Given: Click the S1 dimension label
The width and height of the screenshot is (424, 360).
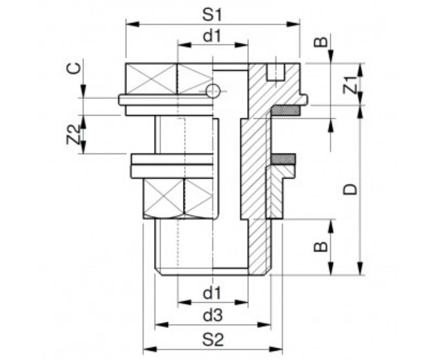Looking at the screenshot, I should click(x=212, y=15).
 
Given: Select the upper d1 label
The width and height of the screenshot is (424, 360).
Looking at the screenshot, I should click(x=212, y=37).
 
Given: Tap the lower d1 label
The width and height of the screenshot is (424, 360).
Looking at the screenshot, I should click(x=212, y=294).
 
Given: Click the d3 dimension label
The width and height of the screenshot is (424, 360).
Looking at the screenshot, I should click(x=212, y=316).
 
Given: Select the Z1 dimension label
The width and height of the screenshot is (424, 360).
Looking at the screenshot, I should click(x=352, y=84).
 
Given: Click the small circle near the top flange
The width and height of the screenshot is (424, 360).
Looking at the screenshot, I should click(x=212, y=91).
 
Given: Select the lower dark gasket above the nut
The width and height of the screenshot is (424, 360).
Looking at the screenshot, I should click(x=284, y=158).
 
